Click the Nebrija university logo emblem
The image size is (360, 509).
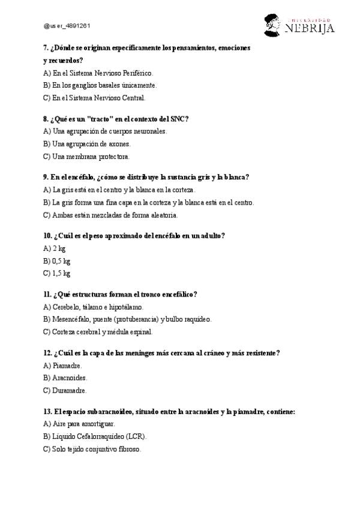[x=273, y=25]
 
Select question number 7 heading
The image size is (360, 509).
[x=147, y=47]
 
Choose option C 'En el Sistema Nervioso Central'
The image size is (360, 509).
[x=94, y=97]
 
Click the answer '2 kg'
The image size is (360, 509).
[x=54, y=248]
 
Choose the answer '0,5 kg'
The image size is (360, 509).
[x=57, y=261]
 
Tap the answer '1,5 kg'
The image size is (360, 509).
[x=57, y=273]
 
